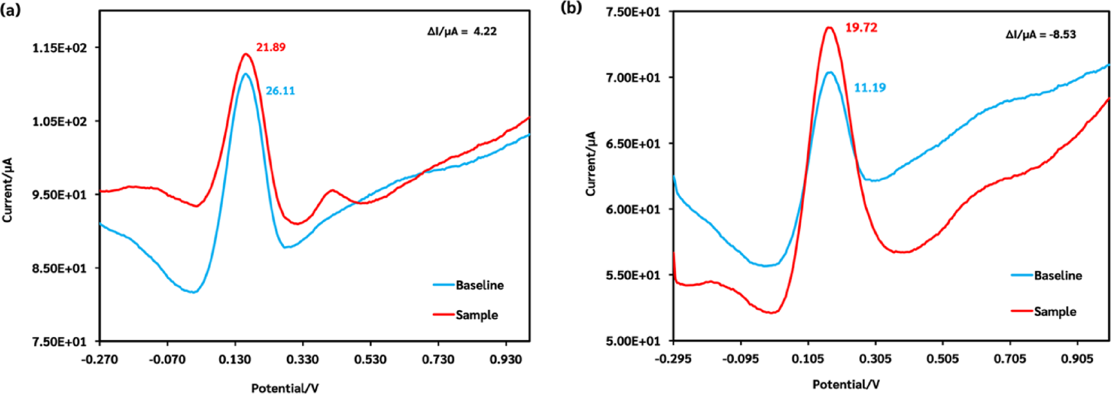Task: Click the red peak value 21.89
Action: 270,47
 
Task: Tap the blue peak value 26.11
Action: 280,91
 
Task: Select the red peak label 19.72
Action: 861,28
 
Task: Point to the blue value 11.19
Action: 870,88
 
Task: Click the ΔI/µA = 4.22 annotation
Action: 462,32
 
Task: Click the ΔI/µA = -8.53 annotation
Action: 1041,35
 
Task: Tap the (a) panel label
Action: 10,10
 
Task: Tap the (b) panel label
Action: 571,7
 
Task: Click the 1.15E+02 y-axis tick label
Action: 59,48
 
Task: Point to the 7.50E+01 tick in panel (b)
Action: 633,12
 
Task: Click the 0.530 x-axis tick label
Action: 370,359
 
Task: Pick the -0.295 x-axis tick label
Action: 673,359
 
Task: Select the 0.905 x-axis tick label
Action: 1077,359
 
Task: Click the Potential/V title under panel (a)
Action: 285,388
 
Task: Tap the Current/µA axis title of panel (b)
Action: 591,163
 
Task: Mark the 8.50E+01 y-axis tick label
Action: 59,268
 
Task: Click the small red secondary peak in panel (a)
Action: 332,191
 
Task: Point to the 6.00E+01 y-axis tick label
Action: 633,209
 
